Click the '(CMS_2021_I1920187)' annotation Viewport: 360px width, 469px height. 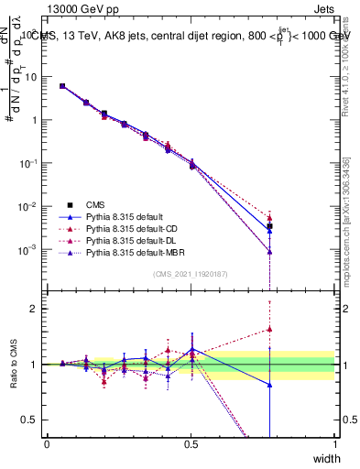(x=191, y=273)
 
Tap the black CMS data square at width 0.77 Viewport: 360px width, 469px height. (x=269, y=226)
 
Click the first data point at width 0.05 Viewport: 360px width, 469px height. (x=62, y=86)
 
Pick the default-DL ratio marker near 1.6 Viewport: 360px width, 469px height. (x=269, y=330)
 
